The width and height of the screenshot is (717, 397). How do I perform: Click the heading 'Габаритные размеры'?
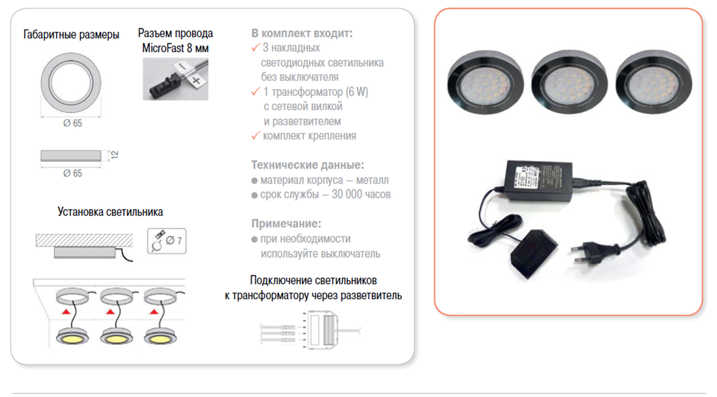click(x=71, y=34)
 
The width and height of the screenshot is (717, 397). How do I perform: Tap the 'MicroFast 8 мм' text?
click(x=175, y=48)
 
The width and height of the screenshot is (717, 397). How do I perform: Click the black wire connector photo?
click(x=175, y=79)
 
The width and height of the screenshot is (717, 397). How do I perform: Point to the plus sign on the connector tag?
click(x=196, y=80)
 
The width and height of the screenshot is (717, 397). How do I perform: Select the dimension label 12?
click(x=115, y=155)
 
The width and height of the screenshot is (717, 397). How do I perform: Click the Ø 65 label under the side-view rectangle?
click(x=73, y=173)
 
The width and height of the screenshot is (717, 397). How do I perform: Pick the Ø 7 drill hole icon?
click(x=166, y=241)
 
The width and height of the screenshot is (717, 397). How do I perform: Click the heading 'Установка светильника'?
click(x=110, y=212)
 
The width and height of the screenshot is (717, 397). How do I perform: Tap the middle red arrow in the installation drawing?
click(x=110, y=311)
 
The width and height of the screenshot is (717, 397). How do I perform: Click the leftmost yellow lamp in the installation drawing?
click(x=72, y=337)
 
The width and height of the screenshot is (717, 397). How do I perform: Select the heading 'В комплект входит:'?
click(x=302, y=33)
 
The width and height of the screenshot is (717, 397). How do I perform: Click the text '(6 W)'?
click(x=357, y=92)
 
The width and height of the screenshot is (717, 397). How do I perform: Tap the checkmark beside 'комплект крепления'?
click(x=255, y=136)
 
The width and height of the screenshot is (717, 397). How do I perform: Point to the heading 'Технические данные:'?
click(x=308, y=165)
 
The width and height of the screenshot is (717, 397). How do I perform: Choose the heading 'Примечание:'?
click(x=286, y=224)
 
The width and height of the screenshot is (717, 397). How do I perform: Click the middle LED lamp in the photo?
click(x=569, y=82)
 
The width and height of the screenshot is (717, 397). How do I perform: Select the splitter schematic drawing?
click(x=311, y=330)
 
